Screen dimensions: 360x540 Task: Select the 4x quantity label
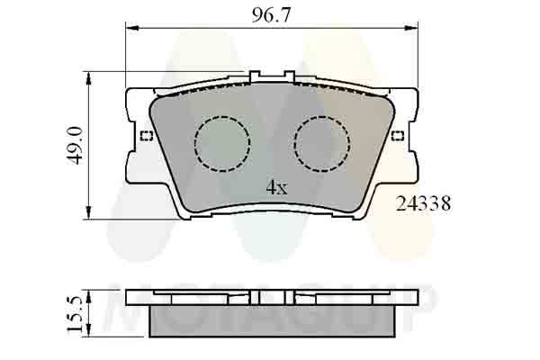click(x=275, y=187)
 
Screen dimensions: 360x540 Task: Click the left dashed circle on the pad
click(x=221, y=142)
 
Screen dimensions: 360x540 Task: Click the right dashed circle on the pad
click(x=322, y=142)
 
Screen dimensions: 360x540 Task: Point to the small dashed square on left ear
click(x=147, y=136)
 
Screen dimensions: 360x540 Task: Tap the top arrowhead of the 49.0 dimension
click(x=87, y=76)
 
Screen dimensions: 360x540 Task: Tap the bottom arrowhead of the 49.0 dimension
click(x=87, y=212)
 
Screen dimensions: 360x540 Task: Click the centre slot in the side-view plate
click(x=258, y=298)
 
